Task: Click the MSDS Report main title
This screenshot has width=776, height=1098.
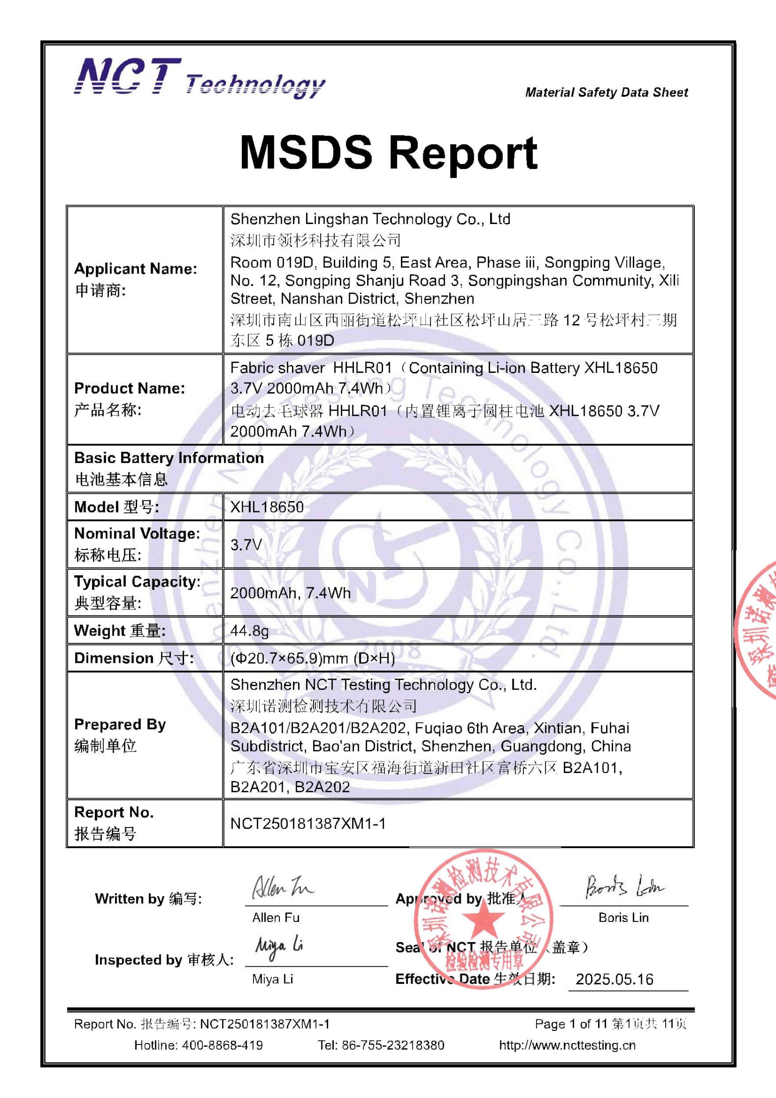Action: pos(388,152)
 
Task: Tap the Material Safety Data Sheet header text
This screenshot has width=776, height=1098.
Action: pos(606,92)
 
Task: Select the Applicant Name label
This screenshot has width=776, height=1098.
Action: pos(135,269)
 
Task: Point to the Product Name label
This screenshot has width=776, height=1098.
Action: pos(129,388)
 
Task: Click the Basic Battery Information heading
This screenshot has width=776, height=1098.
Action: pos(169,458)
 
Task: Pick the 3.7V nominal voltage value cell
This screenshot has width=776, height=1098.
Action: pos(246,544)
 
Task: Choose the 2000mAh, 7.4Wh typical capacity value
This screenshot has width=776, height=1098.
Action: pos(290,593)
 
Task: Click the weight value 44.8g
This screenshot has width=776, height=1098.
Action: pos(249,631)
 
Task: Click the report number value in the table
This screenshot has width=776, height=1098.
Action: pos(308,823)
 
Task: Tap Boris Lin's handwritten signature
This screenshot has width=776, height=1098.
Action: pos(624,888)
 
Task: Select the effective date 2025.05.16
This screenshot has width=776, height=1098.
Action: pos(614,979)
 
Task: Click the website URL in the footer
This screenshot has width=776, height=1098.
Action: pos(567,1045)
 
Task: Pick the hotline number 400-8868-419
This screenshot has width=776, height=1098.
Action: pos(222,1045)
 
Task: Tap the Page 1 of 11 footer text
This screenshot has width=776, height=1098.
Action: pos(570,1024)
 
